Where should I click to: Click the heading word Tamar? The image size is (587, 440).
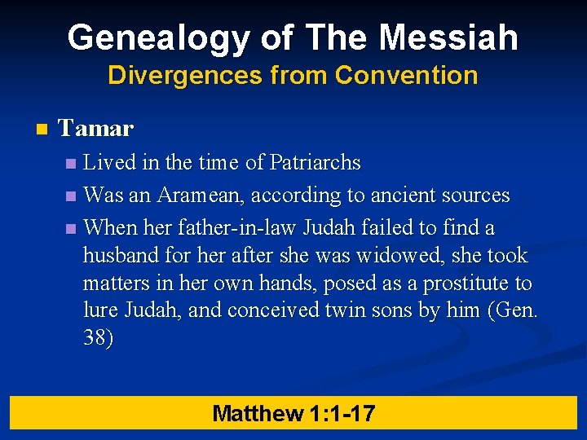click(96, 129)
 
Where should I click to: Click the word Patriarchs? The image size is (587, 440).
click(315, 163)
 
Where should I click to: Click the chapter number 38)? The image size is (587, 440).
click(99, 338)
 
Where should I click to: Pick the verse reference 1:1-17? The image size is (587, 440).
click(342, 413)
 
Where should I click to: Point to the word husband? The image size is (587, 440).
click(121, 256)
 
